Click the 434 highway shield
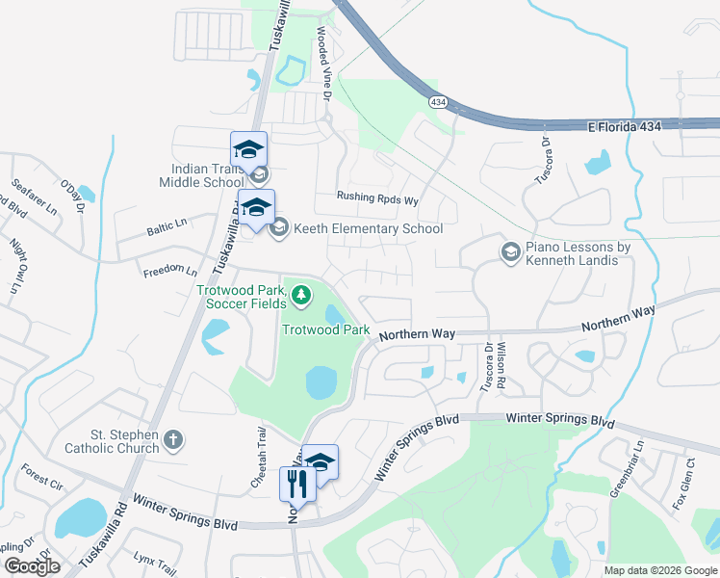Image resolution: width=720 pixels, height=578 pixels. coord(438,101)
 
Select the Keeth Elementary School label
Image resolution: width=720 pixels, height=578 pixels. coord(369,228)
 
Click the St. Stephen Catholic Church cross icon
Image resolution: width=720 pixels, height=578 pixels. coord(173,439)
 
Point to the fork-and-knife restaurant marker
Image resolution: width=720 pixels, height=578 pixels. coord(297,484)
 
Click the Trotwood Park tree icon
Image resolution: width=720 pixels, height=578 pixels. coord(301,293)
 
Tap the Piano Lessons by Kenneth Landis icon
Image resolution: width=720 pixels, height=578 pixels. coord(510,252)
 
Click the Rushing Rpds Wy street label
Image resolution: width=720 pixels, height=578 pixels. coord(377,200)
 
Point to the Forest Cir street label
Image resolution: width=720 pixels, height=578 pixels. coord(41,477)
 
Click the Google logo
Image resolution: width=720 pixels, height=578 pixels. coord(32,566)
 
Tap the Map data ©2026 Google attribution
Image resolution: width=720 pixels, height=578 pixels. coord(659,570)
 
